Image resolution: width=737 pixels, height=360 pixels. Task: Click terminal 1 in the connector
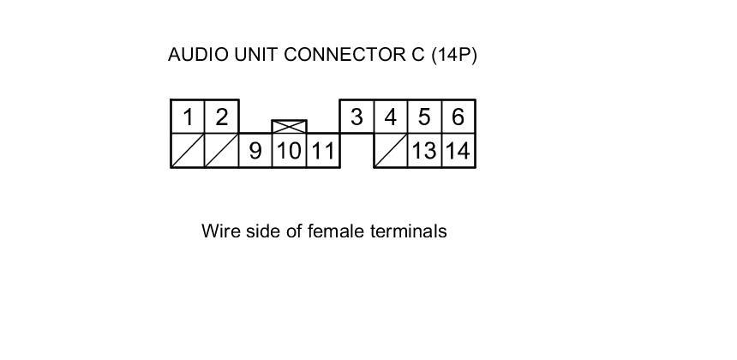(x=188, y=117)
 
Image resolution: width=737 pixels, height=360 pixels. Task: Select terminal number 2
(x=221, y=117)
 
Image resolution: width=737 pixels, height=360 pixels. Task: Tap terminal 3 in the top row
(x=357, y=117)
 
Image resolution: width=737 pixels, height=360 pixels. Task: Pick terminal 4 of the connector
(x=391, y=117)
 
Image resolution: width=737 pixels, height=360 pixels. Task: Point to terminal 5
(x=424, y=117)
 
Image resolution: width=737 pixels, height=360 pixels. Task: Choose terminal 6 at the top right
(x=458, y=117)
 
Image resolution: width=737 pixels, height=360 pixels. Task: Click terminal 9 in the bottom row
(x=255, y=151)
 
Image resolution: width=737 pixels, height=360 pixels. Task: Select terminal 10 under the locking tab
(x=289, y=151)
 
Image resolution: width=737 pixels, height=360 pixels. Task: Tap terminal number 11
(x=322, y=151)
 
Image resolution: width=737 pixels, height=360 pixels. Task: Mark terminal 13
(x=424, y=151)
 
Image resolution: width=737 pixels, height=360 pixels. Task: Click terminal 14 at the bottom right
(x=458, y=151)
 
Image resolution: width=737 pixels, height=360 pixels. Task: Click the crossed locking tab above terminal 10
(x=289, y=127)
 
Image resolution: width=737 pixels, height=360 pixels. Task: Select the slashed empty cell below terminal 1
(x=188, y=151)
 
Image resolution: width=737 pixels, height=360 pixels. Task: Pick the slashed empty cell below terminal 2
(x=221, y=151)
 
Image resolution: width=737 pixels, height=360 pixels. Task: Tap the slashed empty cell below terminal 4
(x=391, y=151)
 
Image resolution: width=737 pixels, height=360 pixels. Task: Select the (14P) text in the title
(x=454, y=55)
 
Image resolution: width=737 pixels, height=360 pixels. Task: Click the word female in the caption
(x=336, y=231)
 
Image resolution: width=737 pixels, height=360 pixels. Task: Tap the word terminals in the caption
(x=408, y=231)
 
